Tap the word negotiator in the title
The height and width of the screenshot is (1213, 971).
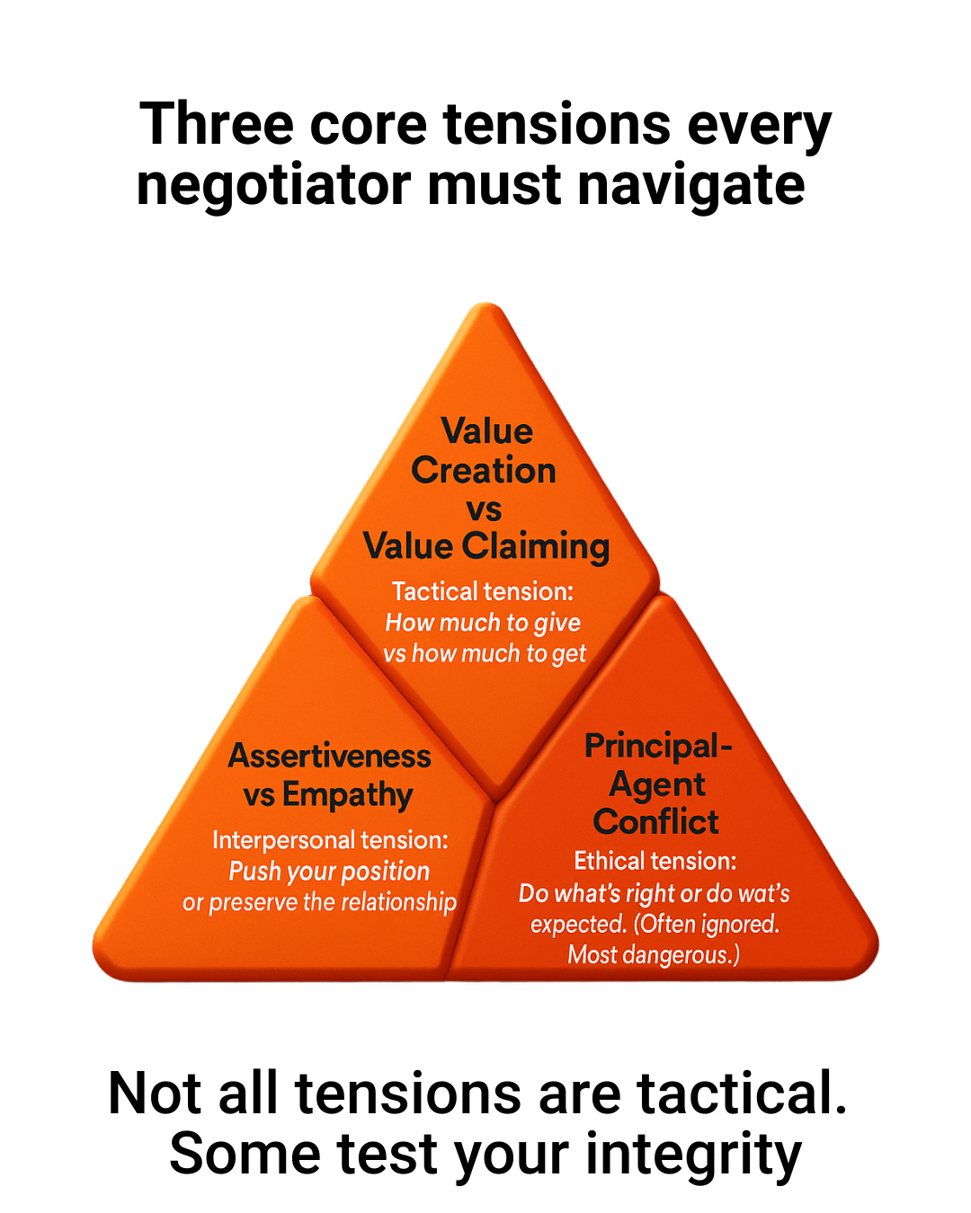(x=273, y=186)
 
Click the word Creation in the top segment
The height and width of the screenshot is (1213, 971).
(x=484, y=471)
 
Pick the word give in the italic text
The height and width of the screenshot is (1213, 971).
(x=557, y=623)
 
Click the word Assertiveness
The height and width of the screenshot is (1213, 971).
(x=329, y=757)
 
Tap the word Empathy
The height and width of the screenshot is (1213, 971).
(x=347, y=795)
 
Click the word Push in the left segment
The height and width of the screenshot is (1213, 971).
(x=255, y=872)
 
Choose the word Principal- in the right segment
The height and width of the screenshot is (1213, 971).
(x=658, y=746)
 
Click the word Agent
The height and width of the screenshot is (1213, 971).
(x=657, y=784)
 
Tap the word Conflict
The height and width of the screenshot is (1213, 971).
(x=655, y=822)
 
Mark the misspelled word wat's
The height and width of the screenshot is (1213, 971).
(x=763, y=893)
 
